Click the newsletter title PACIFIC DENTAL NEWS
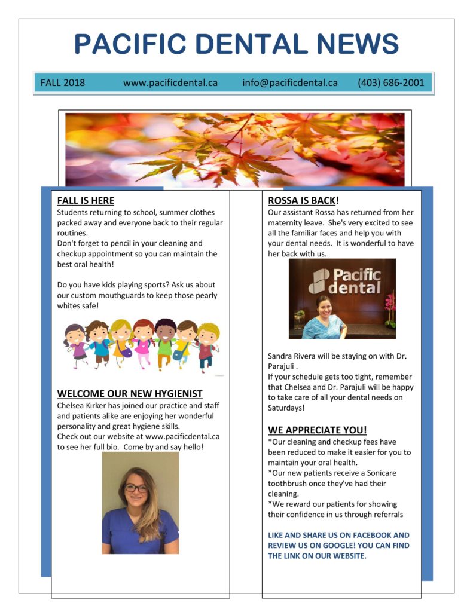point(236,45)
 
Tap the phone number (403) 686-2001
point(390,83)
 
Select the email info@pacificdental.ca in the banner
point(290,83)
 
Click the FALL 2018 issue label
point(63,83)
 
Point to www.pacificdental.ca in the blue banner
point(170,83)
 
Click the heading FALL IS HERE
point(86,201)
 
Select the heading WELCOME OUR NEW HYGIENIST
point(130,394)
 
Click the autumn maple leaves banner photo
point(234,149)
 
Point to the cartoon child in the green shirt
point(164,344)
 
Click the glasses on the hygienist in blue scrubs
point(136,489)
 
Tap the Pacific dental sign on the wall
point(344,281)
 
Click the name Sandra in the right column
point(282,356)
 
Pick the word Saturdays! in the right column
point(286,408)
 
